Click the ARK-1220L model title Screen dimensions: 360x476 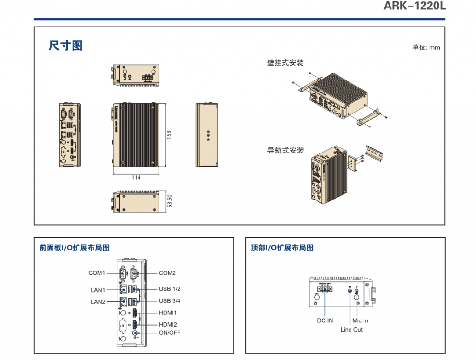click(x=414, y=6)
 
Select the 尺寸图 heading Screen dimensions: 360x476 click(x=66, y=46)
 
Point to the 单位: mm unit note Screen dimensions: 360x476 click(x=426, y=47)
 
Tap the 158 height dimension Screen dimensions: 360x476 click(x=169, y=135)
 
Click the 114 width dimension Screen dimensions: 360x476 click(x=136, y=177)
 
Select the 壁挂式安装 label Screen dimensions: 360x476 click(x=285, y=63)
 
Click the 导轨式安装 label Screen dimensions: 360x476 click(x=285, y=151)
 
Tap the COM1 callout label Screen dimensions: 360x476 click(x=97, y=273)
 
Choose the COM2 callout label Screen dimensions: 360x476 click(x=167, y=273)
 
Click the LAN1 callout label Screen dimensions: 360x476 click(x=98, y=290)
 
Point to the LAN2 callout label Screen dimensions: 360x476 click(x=98, y=302)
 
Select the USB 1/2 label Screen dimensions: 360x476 click(x=170, y=289)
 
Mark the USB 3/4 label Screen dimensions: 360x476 click(x=170, y=301)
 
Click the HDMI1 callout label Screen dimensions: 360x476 click(x=168, y=313)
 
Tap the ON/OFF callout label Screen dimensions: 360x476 click(x=170, y=333)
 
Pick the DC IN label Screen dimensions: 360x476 click(x=325, y=320)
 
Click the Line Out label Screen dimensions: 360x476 click(x=351, y=330)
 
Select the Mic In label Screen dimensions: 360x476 click(x=360, y=320)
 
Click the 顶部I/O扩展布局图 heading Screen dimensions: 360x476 click(x=282, y=248)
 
